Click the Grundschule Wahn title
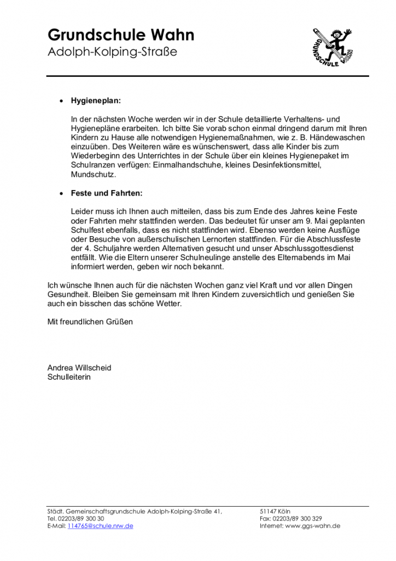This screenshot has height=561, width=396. coord(121,36)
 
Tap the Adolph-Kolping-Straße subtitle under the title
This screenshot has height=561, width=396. coord(113,53)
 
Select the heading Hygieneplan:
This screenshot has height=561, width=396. coord(96,101)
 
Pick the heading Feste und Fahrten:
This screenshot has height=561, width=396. coord(107,193)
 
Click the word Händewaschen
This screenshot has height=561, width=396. coord(337,138)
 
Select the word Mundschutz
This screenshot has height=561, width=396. coord(94,175)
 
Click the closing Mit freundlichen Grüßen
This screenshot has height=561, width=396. coord(90,322)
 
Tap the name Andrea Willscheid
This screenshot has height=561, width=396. coord(79,368)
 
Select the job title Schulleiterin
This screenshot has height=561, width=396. coord(69,377)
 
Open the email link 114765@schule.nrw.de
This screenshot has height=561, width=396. coord(100,526)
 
